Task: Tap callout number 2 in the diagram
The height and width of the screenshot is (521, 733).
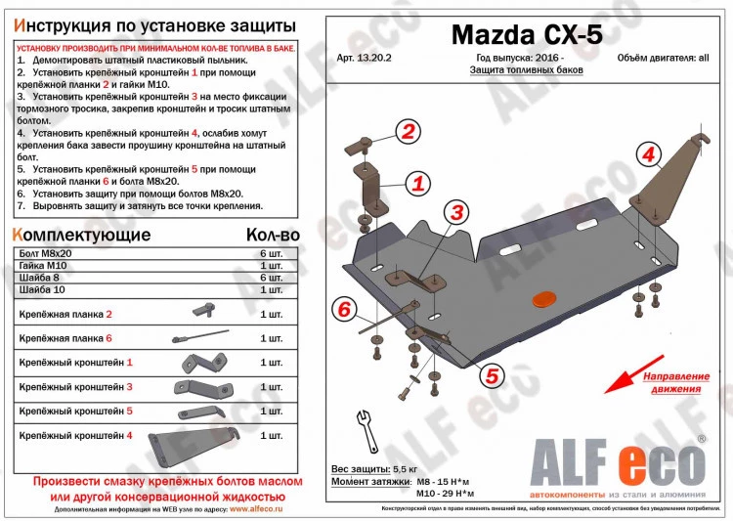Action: [x=408, y=133]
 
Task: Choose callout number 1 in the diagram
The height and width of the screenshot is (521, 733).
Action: [x=417, y=183]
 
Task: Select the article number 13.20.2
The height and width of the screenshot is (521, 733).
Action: [x=361, y=58]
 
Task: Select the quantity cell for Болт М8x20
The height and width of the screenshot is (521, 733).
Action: [x=271, y=253]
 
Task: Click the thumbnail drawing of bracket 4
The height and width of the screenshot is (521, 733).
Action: [x=192, y=441]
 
